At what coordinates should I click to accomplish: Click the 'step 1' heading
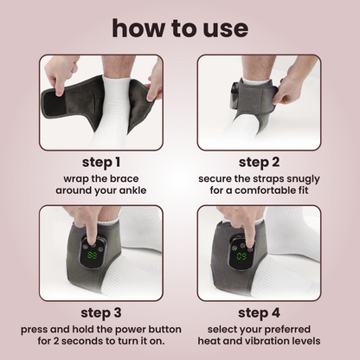(x=101, y=161)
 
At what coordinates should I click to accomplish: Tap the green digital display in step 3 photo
(x=93, y=256)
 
